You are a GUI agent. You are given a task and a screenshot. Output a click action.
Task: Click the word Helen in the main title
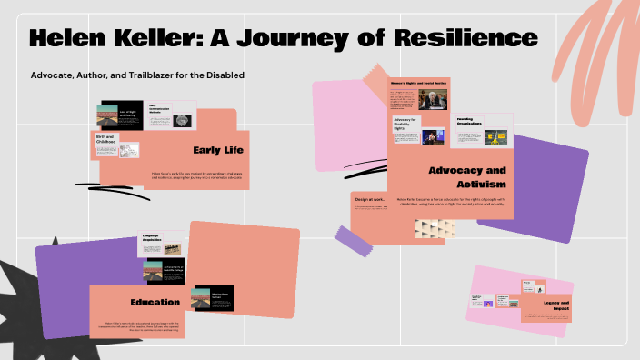click(74, 39)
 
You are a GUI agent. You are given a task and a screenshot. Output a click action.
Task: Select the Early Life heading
click(218, 150)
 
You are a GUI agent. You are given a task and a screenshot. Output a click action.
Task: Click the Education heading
click(155, 302)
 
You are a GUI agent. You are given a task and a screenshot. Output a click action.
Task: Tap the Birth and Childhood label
click(106, 140)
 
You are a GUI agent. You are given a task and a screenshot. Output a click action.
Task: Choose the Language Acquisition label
click(150, 239)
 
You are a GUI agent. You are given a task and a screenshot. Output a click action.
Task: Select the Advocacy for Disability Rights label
click(405, 123)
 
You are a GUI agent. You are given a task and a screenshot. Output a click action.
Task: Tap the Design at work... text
click(371, 198)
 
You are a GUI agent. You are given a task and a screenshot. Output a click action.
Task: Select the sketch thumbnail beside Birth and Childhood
click(130, 151)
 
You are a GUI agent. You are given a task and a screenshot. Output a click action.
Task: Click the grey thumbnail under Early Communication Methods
click(182, 120)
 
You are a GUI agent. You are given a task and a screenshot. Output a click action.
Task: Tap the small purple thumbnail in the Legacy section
click(488, 303)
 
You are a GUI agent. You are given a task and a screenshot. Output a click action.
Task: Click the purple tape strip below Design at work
click(353, 240)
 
